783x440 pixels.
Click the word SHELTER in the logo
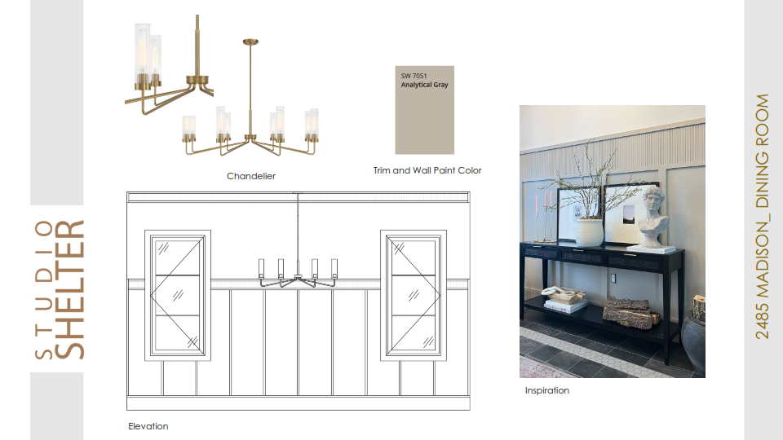69,289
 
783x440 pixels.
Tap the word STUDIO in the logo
44,289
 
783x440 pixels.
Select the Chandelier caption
251,176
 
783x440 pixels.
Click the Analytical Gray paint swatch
424,110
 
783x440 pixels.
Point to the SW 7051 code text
414,76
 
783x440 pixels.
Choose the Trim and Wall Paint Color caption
427,170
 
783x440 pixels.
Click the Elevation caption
148,426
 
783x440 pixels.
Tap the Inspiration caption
546,390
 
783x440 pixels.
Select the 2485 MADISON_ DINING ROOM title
762,217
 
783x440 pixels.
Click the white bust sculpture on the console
655,217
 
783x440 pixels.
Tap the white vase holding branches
589,232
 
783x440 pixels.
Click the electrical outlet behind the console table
613,278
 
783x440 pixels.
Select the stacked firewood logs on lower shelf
629,312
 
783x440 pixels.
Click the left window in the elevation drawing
178,295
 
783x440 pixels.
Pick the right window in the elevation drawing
414,295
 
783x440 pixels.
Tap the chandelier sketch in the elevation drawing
298,274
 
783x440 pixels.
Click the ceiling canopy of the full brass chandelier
250,42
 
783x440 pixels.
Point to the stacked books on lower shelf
566,306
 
